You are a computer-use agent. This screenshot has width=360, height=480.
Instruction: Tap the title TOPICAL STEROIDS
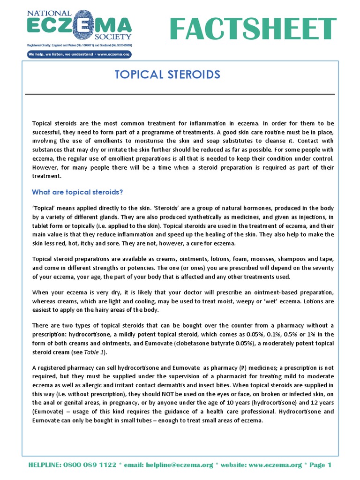pyautogui.click(x=167, y=75)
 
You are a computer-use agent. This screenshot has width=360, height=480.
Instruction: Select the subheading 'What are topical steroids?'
pyautogui.click(x=77, y=192)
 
